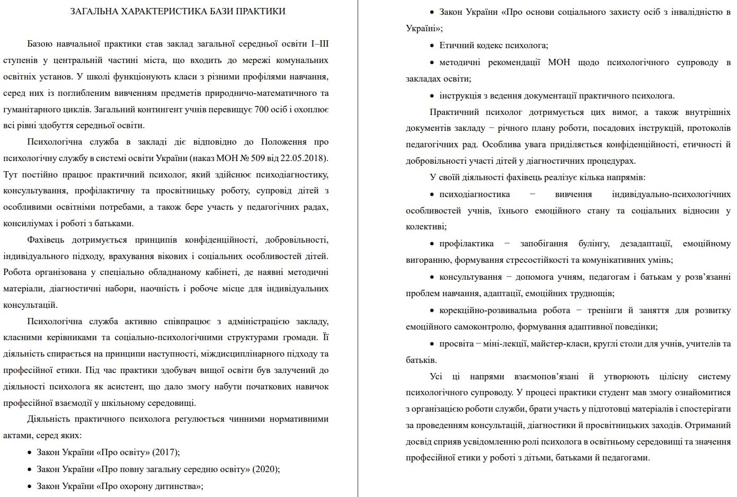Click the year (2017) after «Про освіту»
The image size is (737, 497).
pyautogui.click(x=166, y=452)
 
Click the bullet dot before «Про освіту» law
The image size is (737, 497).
pyautogui.click(x=29, y=452)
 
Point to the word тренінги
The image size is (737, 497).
pyautogui.click(x=604, y=310)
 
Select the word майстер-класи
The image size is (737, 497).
pyautogui.click(x=560, y=344)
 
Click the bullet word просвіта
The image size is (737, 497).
pyautogui.click(x=456, y=344)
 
